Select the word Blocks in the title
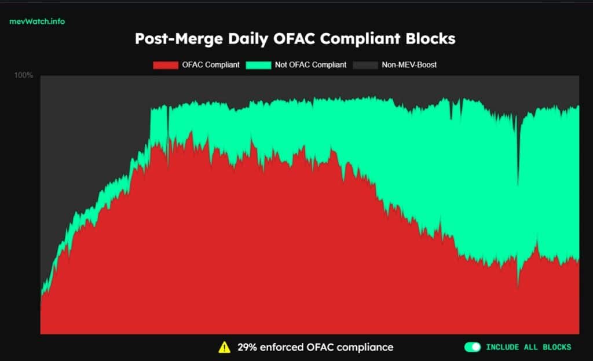[x=429, y=39]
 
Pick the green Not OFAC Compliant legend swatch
[x=258, y=65]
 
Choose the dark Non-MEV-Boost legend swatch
[x=365, y=65]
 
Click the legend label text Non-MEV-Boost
[x=409, y=65]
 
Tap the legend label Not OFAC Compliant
[x=310, y=65]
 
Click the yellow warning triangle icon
[x=224, y=347]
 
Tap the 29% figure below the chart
[x=247, y=347]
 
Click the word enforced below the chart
[x=282, y=347]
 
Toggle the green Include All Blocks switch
[x=473, y=347]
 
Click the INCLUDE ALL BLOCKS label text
[x=528, y=347]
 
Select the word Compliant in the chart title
[x=354, y=39]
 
